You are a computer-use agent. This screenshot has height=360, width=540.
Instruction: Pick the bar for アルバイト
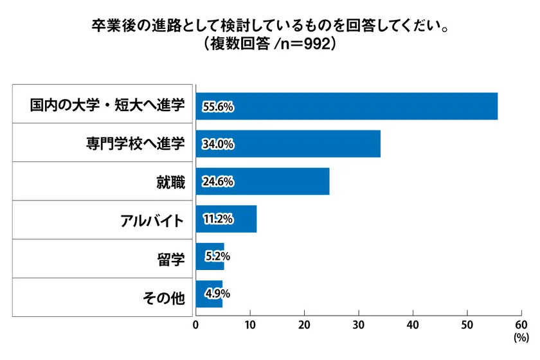[226, 219]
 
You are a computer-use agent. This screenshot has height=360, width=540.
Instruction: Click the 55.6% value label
[217, 107]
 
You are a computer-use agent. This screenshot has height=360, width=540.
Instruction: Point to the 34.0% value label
[217, 145]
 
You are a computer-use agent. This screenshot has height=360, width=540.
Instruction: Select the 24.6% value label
[217, 183]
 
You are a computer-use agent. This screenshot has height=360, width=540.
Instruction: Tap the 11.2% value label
[217, 220]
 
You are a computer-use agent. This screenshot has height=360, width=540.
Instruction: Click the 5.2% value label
[217, 257]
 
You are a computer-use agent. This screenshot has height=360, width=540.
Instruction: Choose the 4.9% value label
[217, 294]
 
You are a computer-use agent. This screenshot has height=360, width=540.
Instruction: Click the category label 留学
[170, 260]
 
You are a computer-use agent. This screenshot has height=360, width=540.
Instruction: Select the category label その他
[163, 298]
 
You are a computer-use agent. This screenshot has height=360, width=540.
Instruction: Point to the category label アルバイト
[152, 221]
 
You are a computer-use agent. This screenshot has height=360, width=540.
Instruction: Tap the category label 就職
[170, 183]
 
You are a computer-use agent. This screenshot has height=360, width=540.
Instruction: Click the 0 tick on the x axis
[195, 325]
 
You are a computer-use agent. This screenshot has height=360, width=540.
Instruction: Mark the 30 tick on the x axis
[358, 325]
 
